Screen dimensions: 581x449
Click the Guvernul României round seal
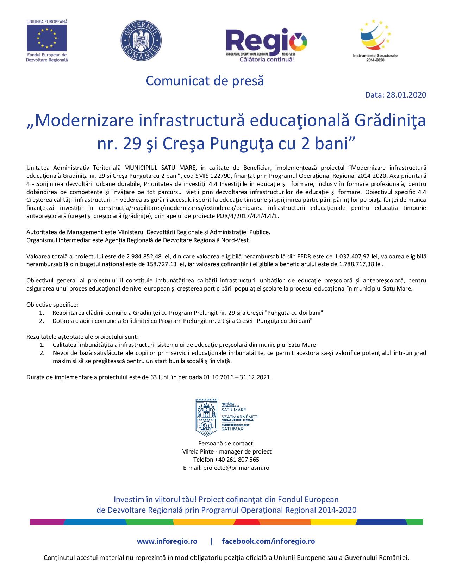pos(141,39)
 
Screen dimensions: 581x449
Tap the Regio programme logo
pos(266,44)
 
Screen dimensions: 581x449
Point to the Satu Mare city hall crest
pos(206,417)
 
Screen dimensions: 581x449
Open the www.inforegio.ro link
pos(167,541)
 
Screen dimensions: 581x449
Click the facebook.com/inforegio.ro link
pos(268,541)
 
